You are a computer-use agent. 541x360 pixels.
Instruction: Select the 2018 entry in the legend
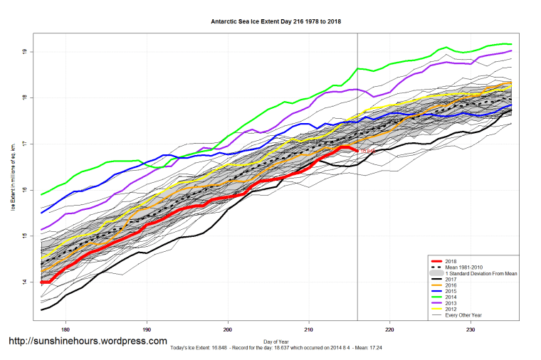[x=451, y=261]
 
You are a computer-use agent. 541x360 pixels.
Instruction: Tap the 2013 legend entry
[x=451, y=302]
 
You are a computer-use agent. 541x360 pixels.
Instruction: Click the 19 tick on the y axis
[x=24, y=52]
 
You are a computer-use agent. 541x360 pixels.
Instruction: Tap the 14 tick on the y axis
[x=24, y=282]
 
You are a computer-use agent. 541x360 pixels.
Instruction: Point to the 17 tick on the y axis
[x=24, y=144]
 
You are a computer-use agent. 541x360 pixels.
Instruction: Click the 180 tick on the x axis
[x=65, y=329]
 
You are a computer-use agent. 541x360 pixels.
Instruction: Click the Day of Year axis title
[x=278, y=342]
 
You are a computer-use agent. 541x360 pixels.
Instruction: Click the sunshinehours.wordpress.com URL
[x=88, y=341]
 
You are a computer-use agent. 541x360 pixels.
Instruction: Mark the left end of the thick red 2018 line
[x=42, y=282]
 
